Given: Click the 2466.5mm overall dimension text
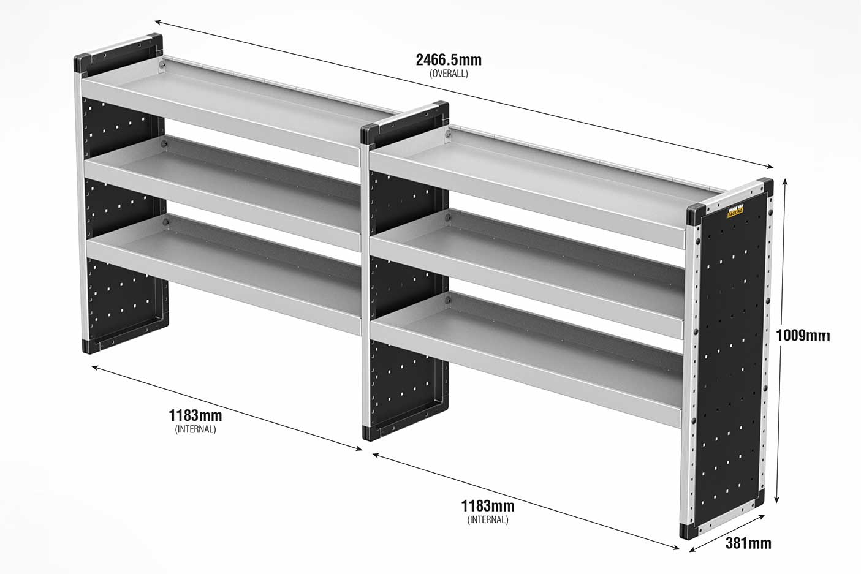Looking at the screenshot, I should (449, 59).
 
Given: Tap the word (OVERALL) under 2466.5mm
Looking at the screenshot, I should (449, 74).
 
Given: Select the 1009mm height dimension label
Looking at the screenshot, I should (803, 335).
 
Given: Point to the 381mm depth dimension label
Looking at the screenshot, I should (748, 543).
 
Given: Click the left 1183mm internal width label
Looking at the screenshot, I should (195, 415).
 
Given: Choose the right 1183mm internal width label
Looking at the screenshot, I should (488, 506).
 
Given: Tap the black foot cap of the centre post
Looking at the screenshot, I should (372, 432).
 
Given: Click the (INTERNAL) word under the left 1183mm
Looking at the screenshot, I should (195, 429).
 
